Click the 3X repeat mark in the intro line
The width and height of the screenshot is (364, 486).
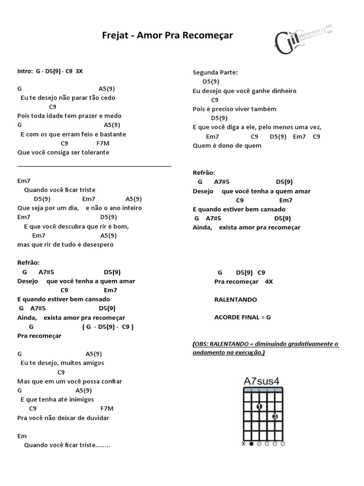point(79,71)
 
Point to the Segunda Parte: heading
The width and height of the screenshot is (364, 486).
point(215,72)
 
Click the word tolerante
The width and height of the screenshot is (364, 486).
point(94,152)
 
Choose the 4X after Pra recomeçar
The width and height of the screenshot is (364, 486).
point(269,281)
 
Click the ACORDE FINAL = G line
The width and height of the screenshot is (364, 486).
point(242,317)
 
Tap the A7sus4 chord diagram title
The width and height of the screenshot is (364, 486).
point(261,381)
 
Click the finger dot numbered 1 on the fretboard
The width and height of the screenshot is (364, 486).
point(259,407)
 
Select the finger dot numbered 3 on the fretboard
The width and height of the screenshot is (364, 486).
point(275,417)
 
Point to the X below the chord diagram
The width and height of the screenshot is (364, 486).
point(244,444)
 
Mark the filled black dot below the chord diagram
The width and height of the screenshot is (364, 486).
point(251,444)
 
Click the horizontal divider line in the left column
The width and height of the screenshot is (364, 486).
point(94,167)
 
